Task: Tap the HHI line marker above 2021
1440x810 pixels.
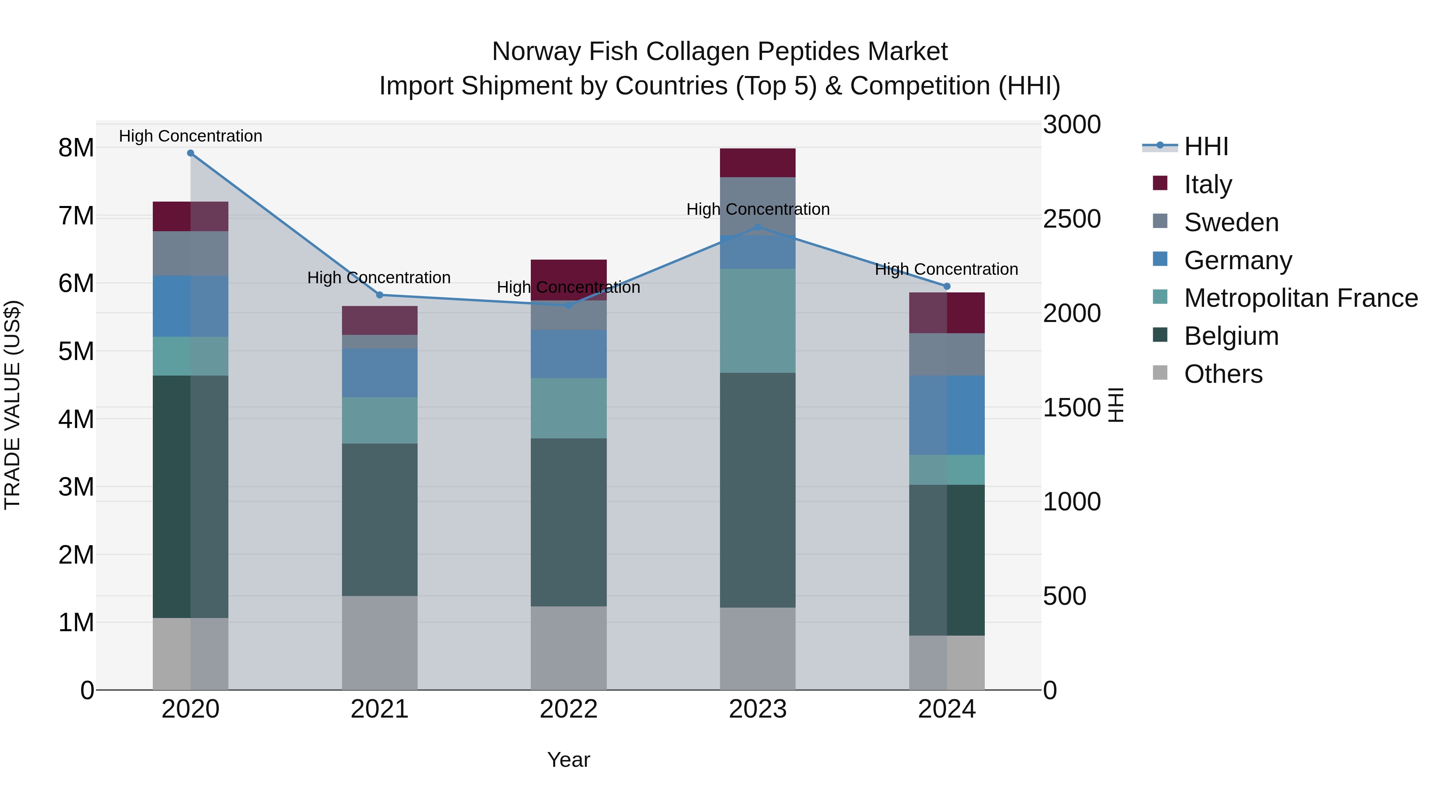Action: pos(380,294)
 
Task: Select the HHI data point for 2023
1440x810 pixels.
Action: pos(758,227)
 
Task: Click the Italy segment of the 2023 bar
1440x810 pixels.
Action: pos(758,163)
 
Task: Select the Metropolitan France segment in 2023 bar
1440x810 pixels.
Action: pos(758,320)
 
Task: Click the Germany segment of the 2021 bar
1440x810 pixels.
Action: pos(380,372)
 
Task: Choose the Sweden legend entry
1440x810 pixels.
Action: pos(1231,222)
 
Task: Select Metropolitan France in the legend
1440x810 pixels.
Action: pos(1300,298)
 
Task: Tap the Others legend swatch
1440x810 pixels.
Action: pos(1160,373)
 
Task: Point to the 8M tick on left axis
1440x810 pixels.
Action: pos(76,148)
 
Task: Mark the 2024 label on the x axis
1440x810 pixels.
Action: pos(946,709)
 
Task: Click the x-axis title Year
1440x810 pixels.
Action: pos(568,760)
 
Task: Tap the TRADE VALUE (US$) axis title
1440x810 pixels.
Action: pos(12,405)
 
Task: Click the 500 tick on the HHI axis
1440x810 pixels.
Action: pos(1064,596)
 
